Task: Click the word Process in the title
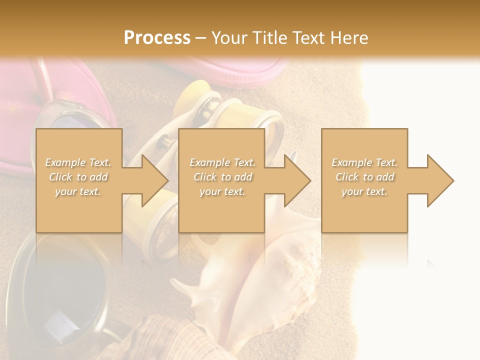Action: coord(157,37)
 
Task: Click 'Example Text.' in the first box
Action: coord(78,162)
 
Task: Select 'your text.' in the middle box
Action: coord(222,191)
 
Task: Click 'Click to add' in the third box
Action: coord(364,177)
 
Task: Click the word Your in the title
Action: coord(228,37)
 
